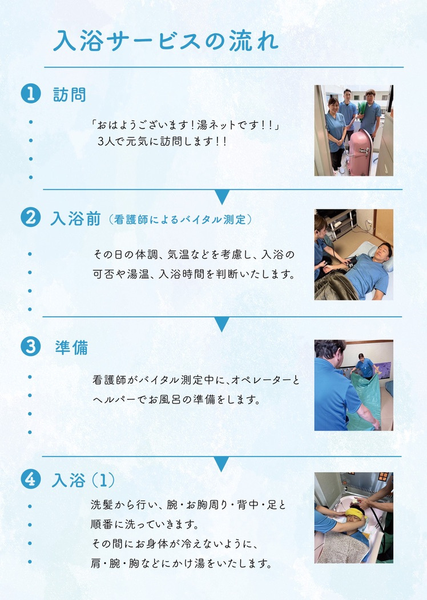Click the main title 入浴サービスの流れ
pyautogui.click(x=165, y=41)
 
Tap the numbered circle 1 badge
pyautogui.click(x=31, y=93)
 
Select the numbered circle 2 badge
pyautogui.click(x=31, y=217)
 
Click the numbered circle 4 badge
pyautogui.click(x=31, y=479)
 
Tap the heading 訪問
pyautogui.click(x=70, y=94)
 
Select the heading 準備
pyautogui.click(x=71, y=347)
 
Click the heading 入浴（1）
pyautogui.click(x=83, y=480)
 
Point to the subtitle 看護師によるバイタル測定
pyautogui.click(x=180, y=219)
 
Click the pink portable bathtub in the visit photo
pyautogui.click(x=358, y=153)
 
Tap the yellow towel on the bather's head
pyautogui.click(x=355, y=513)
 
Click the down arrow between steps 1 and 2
pyautogui.click(x=221, y=197)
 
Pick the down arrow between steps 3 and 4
pyautogui.click(x=221, y=464)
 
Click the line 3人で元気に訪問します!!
pyautogui.click(x=163, y=142)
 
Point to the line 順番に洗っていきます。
pyautogui.click(x=145, y=524)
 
